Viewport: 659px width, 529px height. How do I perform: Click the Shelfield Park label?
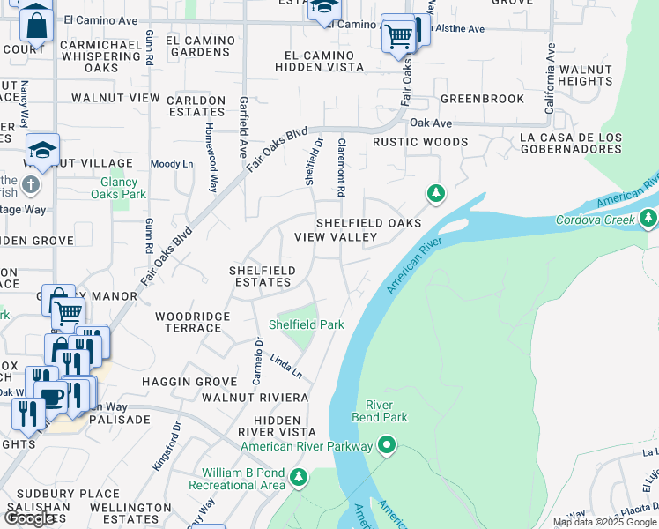click(x=306, y=324)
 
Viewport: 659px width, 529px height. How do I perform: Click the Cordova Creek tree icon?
click(x=648, y=217)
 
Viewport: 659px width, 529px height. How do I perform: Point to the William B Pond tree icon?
click(x=299, y=478)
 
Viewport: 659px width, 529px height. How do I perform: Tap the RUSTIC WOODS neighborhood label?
click(x=419, y=142)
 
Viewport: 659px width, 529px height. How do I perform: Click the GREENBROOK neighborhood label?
click(x=482, y=100)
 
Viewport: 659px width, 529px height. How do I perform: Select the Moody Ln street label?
click(x=172, y=164)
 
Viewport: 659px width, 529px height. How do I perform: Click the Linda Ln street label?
click(x=280, y=363)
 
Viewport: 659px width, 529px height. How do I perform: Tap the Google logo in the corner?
click(x=30, y=518)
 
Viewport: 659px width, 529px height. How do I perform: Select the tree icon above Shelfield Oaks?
click(x=434, y=193)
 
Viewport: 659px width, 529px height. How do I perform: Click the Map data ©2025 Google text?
click(x=604, y=522)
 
